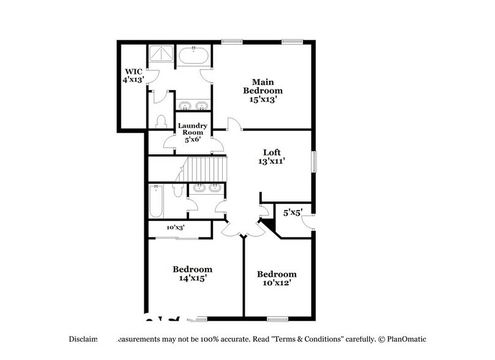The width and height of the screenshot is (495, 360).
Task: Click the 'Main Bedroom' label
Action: click(x=262, y=86)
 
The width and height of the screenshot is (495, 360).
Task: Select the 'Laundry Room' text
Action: click(x=193, y=128)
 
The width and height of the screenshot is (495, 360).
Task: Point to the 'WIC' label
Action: click(x=133, y=71)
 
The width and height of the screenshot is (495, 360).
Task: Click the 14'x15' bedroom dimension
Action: click(x=192, y=278)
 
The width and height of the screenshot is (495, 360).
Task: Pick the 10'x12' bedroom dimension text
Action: click(x=277, y=283)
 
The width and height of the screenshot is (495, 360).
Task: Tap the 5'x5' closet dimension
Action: click(x=292, y=213)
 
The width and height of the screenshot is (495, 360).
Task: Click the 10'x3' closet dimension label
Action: click(x=176, y=228)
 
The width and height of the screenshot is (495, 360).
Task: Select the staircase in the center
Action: click(x=206, y=168)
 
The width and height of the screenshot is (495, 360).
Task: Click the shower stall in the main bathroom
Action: click(x=161, y=53)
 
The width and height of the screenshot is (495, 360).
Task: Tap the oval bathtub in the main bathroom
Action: click(x=194, y=57)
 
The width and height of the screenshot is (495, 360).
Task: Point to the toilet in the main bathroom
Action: click(x=162, y=121)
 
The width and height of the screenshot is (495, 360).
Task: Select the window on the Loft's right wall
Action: click(x=314, y=162)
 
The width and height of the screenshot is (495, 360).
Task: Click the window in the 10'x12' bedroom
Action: click(x=278, y=318)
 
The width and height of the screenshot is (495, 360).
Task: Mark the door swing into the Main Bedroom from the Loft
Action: click(x=234, y=124)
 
